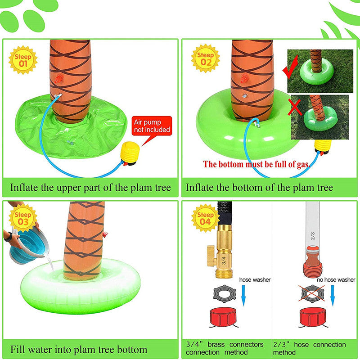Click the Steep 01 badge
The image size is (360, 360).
23,60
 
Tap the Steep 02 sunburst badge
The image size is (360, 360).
206,58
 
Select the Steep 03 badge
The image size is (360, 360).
23,218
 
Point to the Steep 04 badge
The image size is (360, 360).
206,218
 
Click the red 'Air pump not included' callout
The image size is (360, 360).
152,126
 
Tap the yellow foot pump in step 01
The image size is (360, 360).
130,153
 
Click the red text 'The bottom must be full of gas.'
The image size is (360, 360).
256,164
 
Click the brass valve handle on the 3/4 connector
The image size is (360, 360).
211,255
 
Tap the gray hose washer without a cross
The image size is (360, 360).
224,294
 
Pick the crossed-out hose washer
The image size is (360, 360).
311,294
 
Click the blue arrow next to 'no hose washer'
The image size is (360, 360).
333,296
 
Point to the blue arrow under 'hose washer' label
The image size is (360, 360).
243,296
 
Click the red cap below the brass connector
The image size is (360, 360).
223,317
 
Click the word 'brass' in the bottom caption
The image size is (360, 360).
216,344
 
